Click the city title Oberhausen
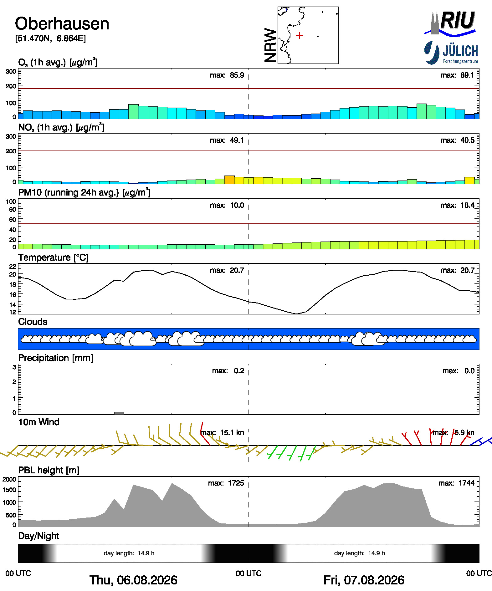click(x=62, y=24)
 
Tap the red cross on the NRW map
click(x=300, y=35)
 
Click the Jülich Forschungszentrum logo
click(x=451, y=53)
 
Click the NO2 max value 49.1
click(x=237, y=140)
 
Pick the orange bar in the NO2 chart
click(x=229, y=180)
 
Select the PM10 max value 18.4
click(x=467, y=205)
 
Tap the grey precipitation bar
click(x=119, y=413)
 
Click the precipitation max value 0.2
click(x=239, y=371)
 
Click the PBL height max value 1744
click(x=466, y=483)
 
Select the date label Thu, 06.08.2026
click(x=133, y=580)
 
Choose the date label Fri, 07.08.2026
click(x=364, y=580)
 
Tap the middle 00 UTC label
click(x=249, y=573)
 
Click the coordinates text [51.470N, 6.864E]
click(x=50, y=38)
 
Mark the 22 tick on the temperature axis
click(x=13, y=266)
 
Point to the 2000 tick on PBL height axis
click(x=9, y=479)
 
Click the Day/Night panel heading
click(x=38, y=536)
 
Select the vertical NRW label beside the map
click(x=270, y=45)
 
